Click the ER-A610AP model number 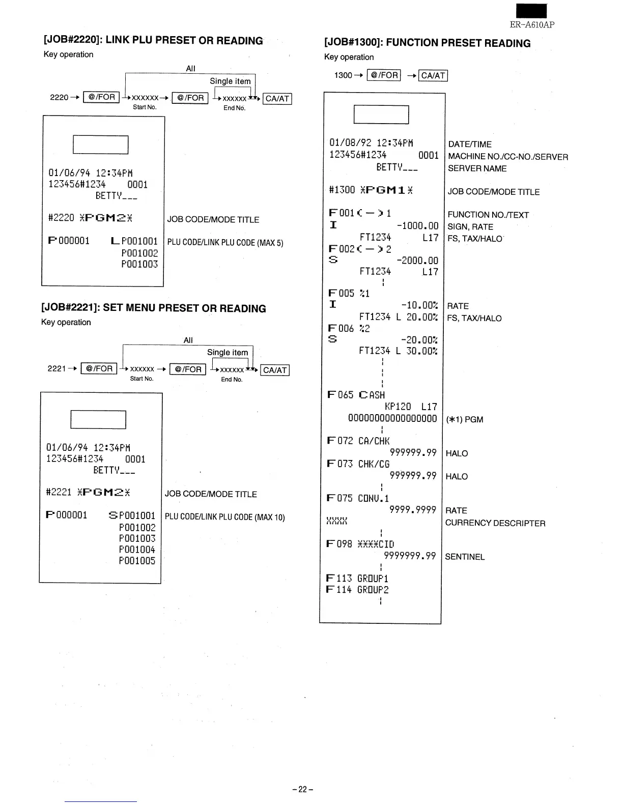click(532, 24)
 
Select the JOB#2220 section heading click(153, 41)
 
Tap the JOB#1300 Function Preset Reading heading click(427, 43)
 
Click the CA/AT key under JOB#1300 click(433, 76)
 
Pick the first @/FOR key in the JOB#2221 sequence click(99, 368)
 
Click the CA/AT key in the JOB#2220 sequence click(277, 99)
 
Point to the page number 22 click(303, 789)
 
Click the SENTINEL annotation click(465, 557)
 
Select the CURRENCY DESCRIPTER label click(495, 523)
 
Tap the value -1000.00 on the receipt click(417, 225)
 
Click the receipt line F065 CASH click(356, 395)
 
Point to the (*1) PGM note click(464, 419)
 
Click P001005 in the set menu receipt click(137, 561)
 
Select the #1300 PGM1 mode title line click(371, 190)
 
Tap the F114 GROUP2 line click(357, 590)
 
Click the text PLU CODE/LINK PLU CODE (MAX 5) click(225, 243)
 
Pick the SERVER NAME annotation click(477, 168)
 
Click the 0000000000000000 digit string click(392, 418)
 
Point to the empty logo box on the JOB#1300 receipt click(381, 114)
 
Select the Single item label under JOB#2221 click(228, 352)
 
